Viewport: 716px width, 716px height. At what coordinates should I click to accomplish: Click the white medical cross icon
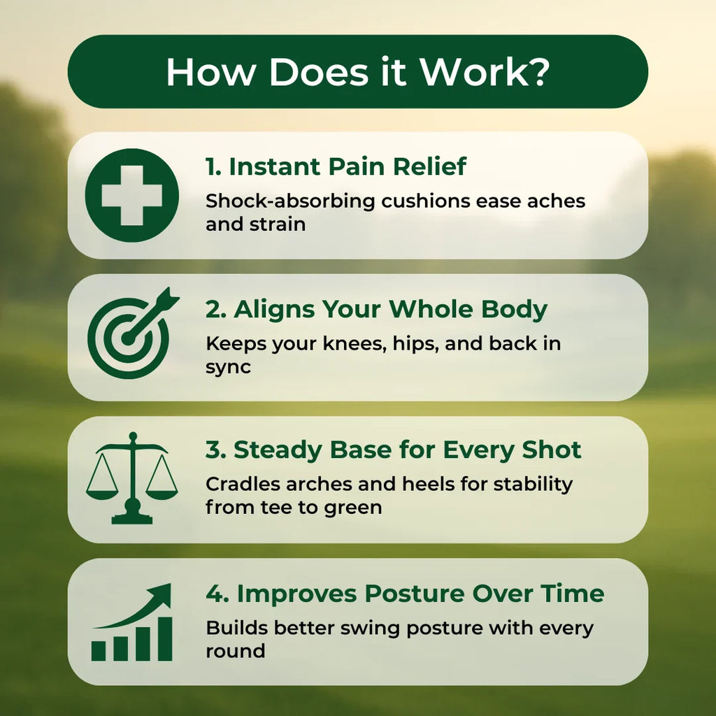tap(131, 195)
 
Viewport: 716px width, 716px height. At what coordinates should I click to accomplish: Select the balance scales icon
tap(131, 478)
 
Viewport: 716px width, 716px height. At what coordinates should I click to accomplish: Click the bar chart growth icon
tap(131, 624)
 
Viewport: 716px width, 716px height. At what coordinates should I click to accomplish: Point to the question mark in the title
tap(536, 72)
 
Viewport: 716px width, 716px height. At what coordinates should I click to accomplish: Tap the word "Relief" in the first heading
tap(429, 167)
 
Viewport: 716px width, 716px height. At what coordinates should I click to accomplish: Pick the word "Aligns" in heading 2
tap(271, 309)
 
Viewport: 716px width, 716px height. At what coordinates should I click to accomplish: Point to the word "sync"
tap(228, 368)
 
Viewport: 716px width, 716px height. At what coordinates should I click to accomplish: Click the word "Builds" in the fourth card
tap(236, 627)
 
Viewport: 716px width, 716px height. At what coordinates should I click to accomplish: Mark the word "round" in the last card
tap(235, 651)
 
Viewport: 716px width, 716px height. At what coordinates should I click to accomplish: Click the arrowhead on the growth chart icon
tap(162, 594)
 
